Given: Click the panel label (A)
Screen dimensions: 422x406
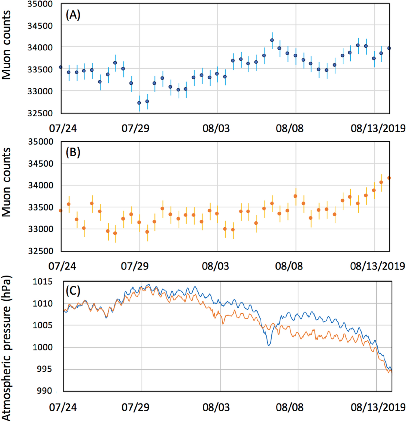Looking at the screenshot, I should (73, 15).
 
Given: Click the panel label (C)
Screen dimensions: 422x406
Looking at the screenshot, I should (73, 291).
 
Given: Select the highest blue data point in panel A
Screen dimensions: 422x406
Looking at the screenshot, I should (272, 40).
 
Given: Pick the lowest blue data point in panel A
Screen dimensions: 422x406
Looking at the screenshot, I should (139, 103).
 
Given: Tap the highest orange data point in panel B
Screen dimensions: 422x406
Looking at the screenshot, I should (389, 178).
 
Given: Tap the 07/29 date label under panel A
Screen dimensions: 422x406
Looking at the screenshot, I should (135, 128).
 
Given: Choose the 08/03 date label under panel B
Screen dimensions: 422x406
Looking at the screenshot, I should (216, 266).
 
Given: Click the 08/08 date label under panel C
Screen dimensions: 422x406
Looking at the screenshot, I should (289, 407).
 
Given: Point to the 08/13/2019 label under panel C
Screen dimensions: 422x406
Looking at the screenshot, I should (378, 407).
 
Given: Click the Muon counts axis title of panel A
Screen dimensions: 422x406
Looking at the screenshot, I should (7, 45).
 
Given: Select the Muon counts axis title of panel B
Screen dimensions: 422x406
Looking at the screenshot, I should (7, 182).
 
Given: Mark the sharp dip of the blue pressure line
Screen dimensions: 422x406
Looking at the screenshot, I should (269, 345).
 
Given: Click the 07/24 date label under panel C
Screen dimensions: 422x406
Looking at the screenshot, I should (63, 407).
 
